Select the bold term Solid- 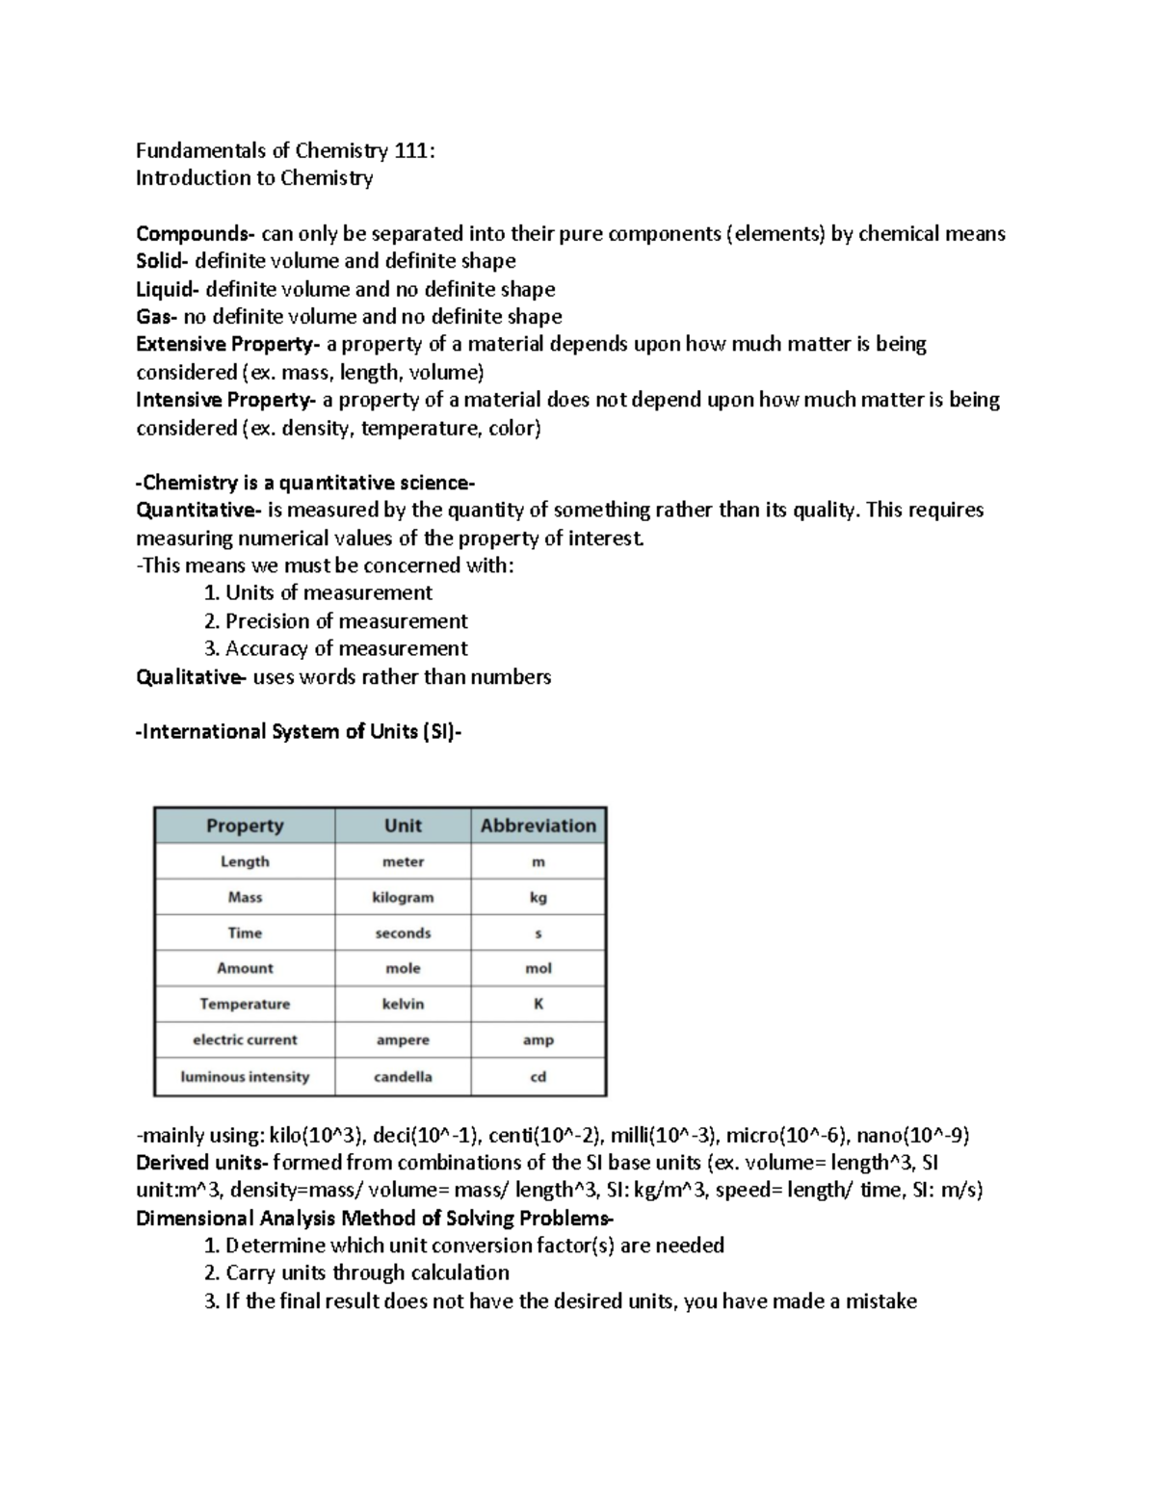point(165,261)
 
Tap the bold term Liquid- point(169,289)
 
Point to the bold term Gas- point(157,317)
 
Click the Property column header point(245,826)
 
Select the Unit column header point(403,826)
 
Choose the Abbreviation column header point(539,826)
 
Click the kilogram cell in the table point(403,897)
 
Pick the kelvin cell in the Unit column point(403,1004)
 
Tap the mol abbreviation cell point(539,968)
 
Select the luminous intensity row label point(245,1076)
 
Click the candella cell point(403,1076)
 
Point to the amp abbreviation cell point(539,1040)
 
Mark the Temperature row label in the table point(245,1004)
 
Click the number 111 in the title point(412,150)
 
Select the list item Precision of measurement point(346,621)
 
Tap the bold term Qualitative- point(191,677)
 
